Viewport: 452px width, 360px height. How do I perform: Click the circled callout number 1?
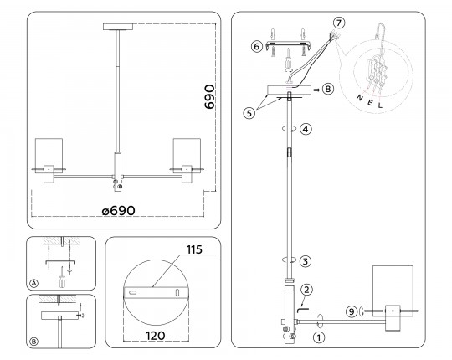coord(319,337)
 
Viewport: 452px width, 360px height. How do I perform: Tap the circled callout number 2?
coord(308,289)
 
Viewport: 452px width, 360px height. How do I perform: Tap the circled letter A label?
coord(33,284)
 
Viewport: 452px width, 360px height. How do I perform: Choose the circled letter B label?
coord(33,340)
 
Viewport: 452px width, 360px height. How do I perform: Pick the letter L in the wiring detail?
coord(381,107)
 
